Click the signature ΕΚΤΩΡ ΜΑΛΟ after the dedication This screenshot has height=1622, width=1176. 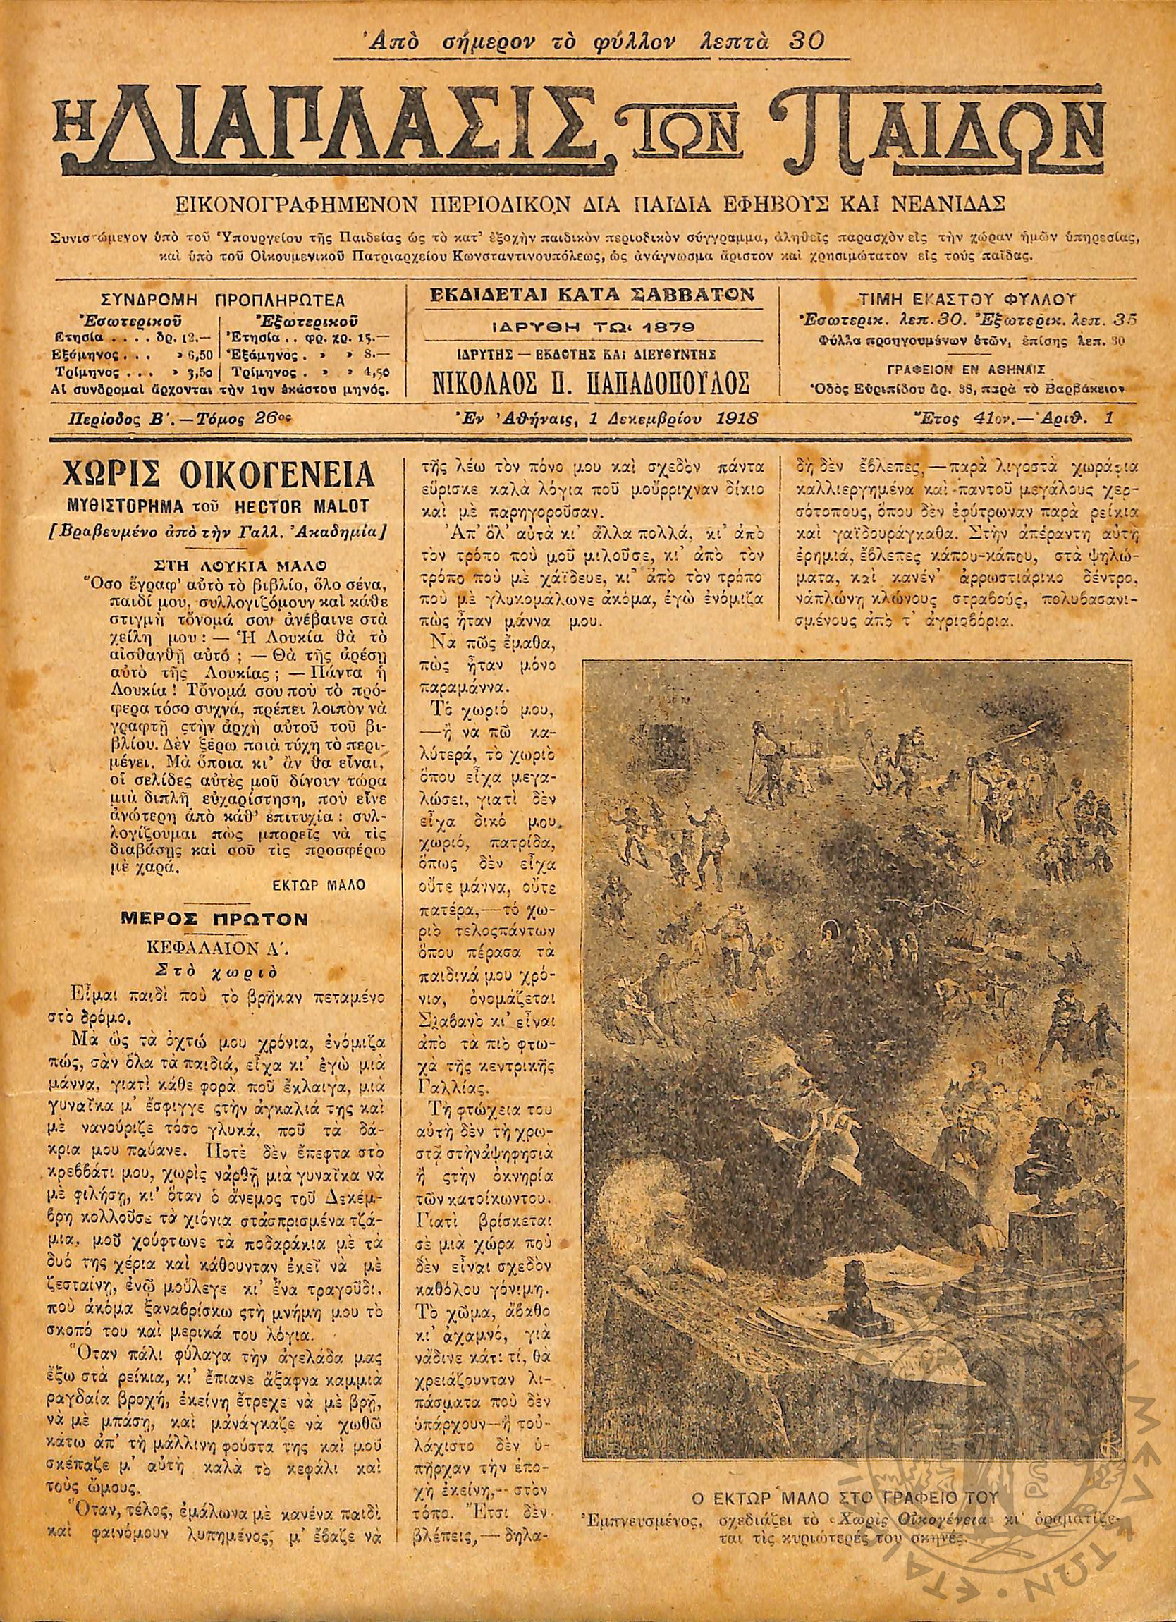[319, 884]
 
